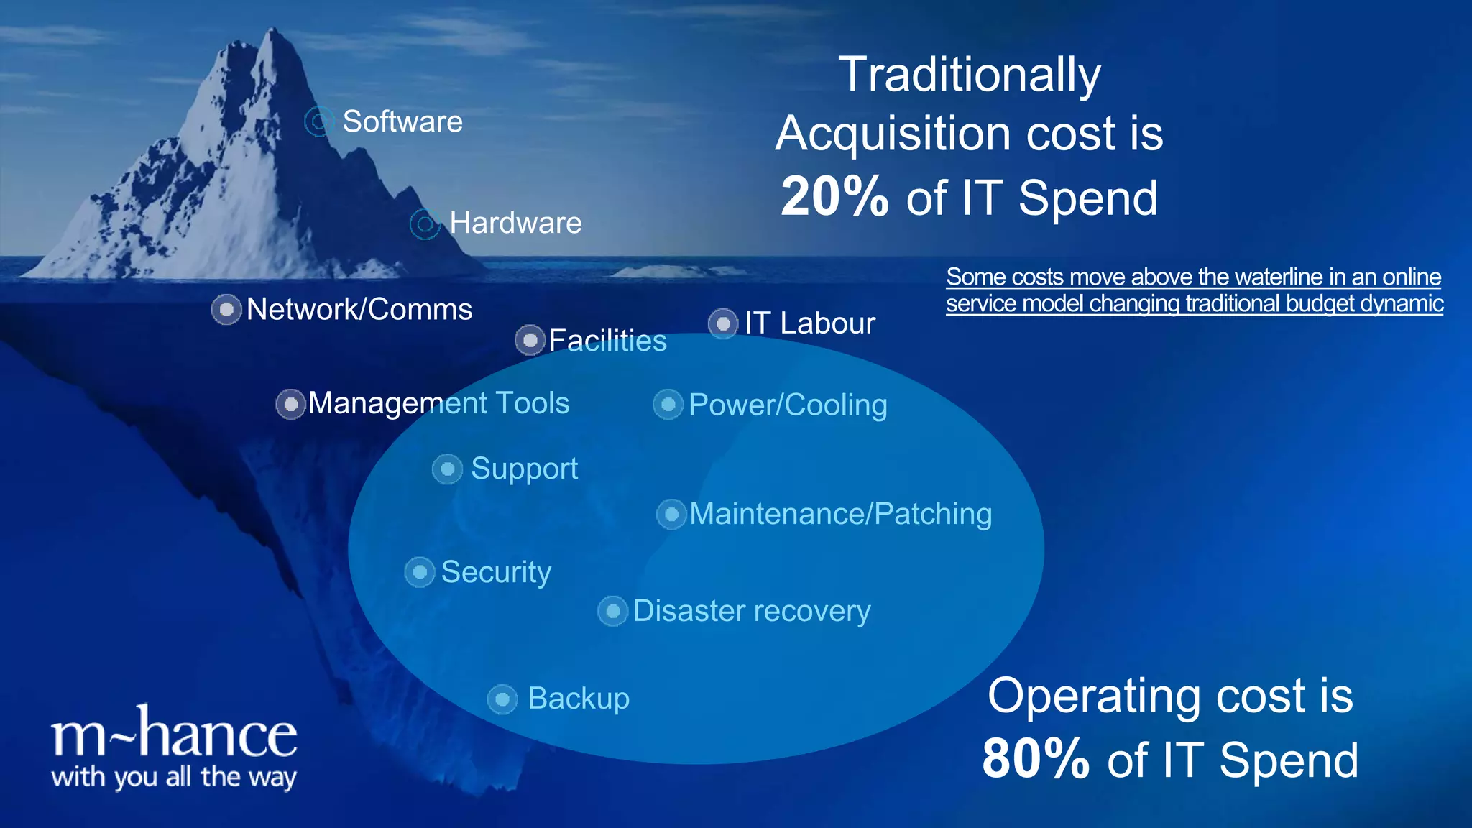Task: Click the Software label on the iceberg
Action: point(402,121)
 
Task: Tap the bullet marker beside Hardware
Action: point(425,224)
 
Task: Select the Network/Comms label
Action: point(359,310)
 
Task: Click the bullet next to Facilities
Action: point(530,340)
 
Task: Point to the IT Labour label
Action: point(809,323)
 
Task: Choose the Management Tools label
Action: point(438,403)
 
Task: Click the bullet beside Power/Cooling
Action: point(668,405)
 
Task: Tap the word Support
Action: point(524,469)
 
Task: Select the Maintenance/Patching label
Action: point(840,514)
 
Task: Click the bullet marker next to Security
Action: point(420,573)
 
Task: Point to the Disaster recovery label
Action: point(751,611)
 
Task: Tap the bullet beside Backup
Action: point(502,699)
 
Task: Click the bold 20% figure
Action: point(834,197)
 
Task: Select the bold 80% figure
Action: point(1035,760)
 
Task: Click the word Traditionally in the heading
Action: point(969,75)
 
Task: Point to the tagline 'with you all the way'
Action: point(174,778)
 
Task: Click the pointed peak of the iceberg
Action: point(273,32)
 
